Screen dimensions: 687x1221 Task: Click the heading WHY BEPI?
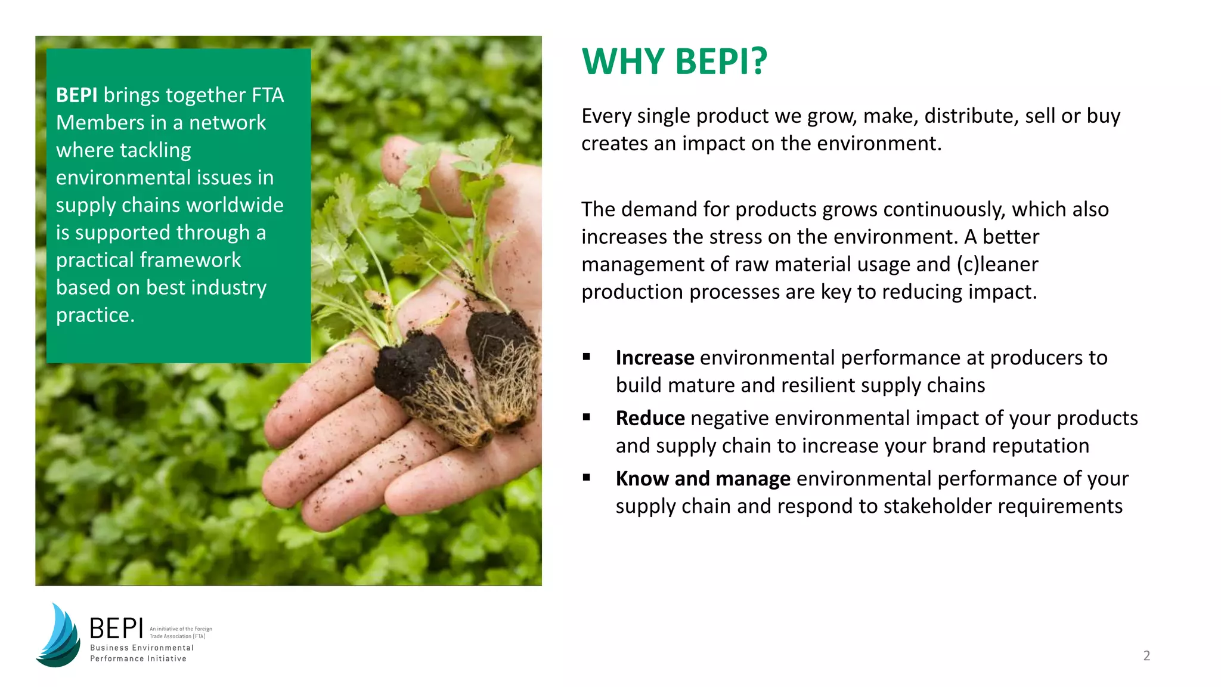pos(674,61)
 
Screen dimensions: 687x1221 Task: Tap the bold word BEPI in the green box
pos(76,95)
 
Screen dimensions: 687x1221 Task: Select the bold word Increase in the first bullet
pos(655,358)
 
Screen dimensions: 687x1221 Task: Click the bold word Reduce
pos(650,419)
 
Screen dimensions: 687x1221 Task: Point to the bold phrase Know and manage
pos(703,479)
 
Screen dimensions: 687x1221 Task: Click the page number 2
pos(1146,656)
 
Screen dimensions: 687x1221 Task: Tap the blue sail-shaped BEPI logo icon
pos(58,636)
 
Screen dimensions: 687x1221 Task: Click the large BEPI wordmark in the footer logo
pos(116,629)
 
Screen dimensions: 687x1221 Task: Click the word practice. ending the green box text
pos(95,315)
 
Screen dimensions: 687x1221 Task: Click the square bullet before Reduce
pos(587,418)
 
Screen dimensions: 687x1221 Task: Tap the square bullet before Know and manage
pos(587,478)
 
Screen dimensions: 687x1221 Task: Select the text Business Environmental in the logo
pos(142,648)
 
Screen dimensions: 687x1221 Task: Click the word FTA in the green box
pos(268,95)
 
